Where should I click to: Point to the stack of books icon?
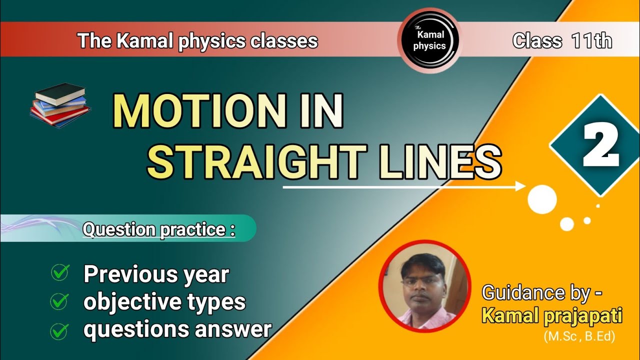pyautogui.click(x=60, y=105)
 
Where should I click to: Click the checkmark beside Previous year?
pyautogui.click(x=60, y=273)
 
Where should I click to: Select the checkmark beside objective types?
pyautogui.click(x=60, y=301)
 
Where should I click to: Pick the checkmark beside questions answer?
pyautogui.click(x=60, y=330)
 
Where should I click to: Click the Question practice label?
pyautogui.click(x=158, y=229)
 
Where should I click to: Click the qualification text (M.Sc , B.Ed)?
pyautogui.click(x=579, y=336)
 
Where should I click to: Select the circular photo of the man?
pyautogui.click(x=424, y=286)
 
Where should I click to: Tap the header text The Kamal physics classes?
pyautogui.click(x=197, y=41)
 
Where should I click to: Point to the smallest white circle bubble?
pyautogui.click(x=598, y=205)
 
